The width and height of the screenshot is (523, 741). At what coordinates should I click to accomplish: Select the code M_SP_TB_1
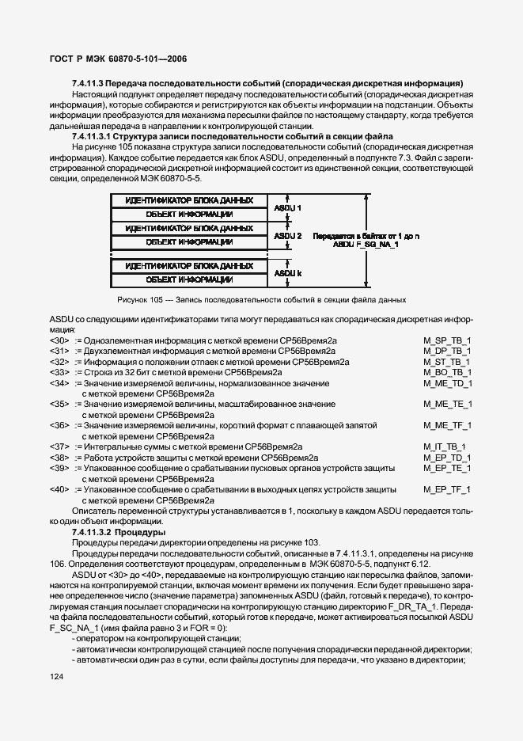coord(448,340)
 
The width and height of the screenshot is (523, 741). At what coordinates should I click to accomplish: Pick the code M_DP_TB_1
coord(448,350)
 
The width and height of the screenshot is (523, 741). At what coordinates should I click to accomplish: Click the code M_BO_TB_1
coord(448,371)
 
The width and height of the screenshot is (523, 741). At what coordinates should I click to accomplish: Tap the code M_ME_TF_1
coord(448,425)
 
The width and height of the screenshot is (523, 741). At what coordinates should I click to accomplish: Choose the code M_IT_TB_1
coord(445,446)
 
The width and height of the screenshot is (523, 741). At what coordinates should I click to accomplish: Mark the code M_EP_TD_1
coord(448,458)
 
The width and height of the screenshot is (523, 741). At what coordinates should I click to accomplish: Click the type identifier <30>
coord(59,340)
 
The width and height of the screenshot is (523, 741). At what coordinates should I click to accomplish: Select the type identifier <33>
coord(59,371)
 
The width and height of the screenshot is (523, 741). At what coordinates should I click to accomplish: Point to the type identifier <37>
coord(59,446)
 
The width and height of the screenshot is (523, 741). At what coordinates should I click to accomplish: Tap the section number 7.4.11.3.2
coord(93,532)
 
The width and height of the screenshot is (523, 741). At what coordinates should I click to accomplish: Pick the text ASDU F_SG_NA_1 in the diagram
coord(365,245)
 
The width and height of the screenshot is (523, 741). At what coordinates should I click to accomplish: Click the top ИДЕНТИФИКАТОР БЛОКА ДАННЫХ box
coord(188,200)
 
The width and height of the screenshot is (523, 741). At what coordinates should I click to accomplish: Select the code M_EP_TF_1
coord(448,489)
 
